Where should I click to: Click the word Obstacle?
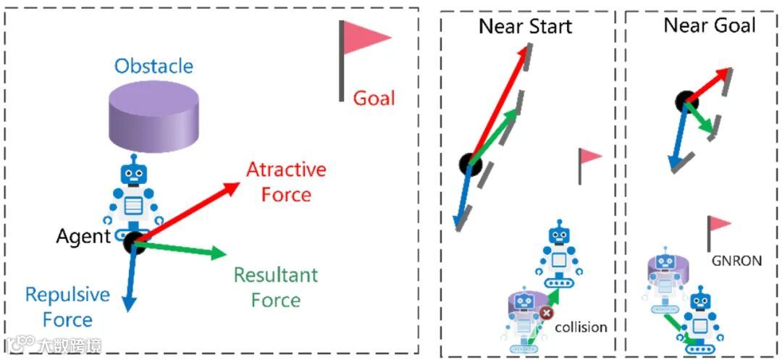[x=154, y=67]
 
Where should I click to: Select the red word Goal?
[x=374, y=98]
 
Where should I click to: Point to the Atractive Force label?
[x=286, y=182]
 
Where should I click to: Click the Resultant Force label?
[x=275, y=287]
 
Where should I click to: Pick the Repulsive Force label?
[x=67, y=307]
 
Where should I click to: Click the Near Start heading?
[x=525, y=27]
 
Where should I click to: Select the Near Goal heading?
[x=710, y=26]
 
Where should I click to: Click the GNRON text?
[x=737, y=260]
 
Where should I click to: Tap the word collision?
[x=581, y=327]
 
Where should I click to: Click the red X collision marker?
[x=546, y=312]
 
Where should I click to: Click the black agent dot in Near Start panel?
[x=470, y=164]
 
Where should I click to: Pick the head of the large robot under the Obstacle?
[x=132, y=174]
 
